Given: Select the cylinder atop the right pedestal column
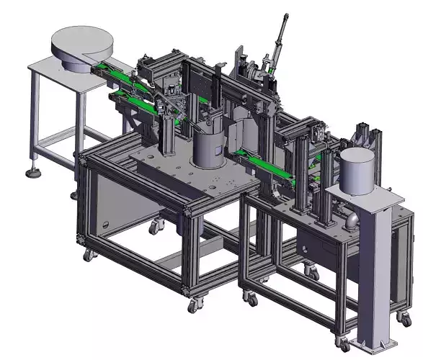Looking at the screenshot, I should pos(358,171).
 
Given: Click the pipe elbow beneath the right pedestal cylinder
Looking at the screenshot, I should pos(351,219).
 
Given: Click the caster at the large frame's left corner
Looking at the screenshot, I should pos(88,253).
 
